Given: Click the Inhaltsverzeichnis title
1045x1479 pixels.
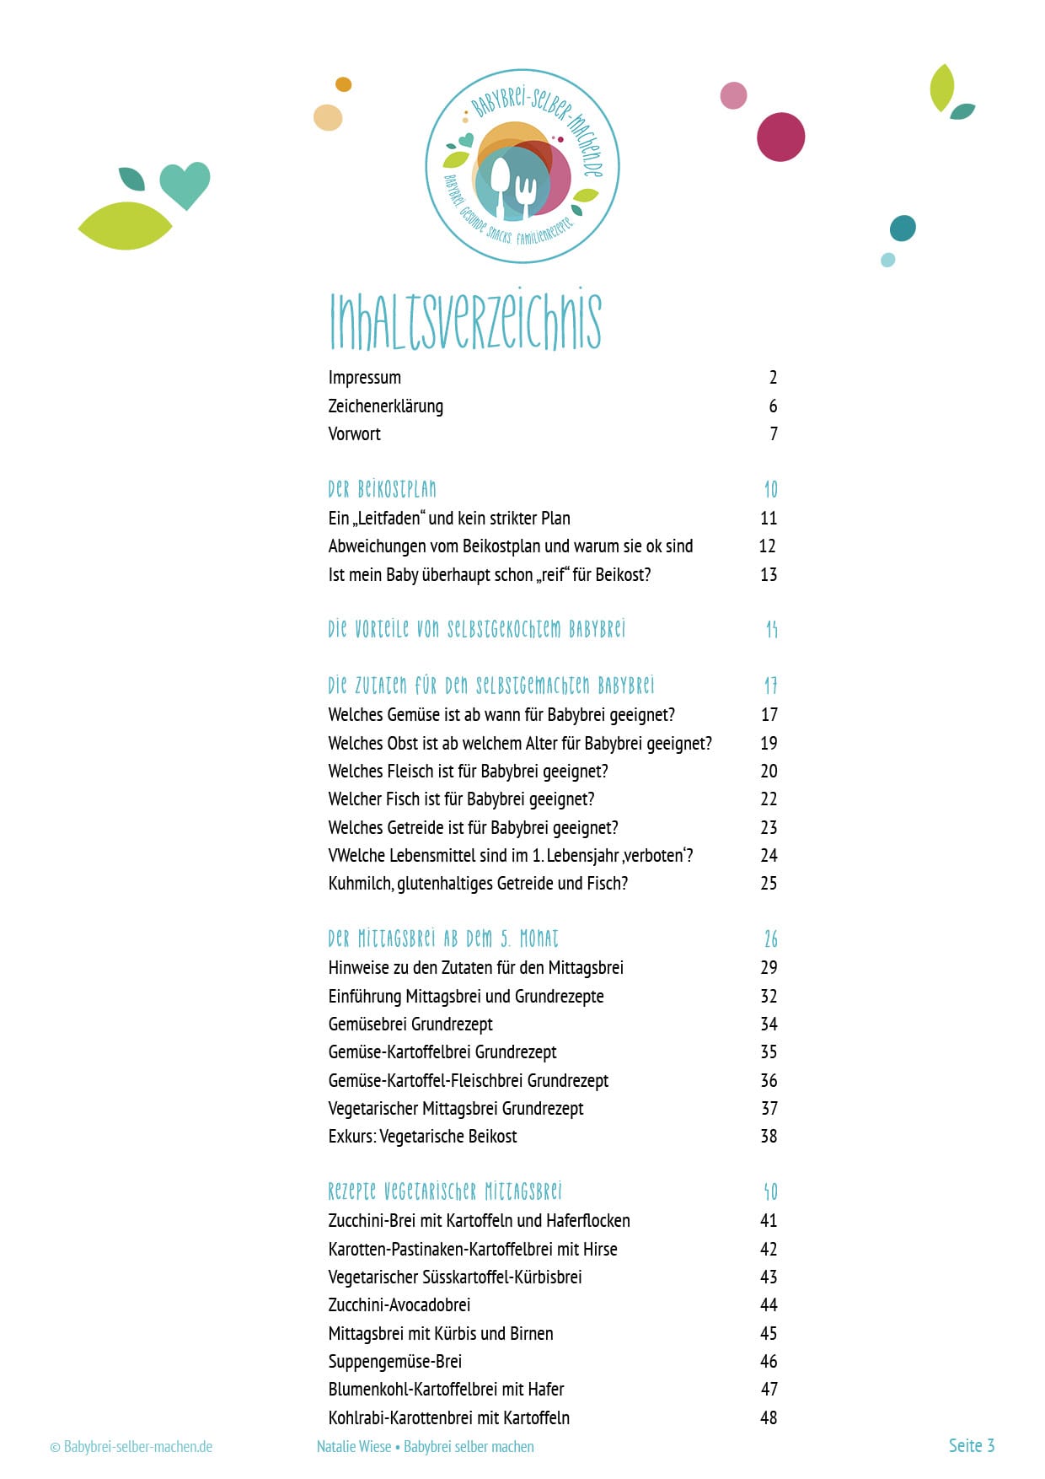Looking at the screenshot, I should tap(464, 320).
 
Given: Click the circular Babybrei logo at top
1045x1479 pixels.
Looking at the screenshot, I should tap(522, 166).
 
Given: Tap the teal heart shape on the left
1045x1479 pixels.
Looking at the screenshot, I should tap(185, 184).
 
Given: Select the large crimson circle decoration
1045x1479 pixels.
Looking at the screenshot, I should tap(780, 137).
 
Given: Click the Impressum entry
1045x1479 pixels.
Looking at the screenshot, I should tap(364, 378).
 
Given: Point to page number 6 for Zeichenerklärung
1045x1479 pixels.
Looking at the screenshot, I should tap(773, 406).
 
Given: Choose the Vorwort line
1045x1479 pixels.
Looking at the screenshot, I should tap(354, 434).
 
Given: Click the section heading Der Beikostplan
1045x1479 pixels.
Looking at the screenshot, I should tap(382, 489).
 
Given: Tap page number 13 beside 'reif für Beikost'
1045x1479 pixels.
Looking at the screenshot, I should tap(768, 575).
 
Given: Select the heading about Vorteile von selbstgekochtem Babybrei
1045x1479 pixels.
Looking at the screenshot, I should tap(476, 629).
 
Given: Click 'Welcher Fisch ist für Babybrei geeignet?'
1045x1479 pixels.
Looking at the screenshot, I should tap(461, 799).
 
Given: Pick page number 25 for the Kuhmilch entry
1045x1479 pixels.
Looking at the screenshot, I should tap(768, 884).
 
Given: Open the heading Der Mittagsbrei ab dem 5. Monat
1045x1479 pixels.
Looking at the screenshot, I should tap(442, 939).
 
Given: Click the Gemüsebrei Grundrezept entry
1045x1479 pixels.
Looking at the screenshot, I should tap(410, 1025).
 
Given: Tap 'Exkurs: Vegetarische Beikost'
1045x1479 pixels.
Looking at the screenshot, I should tap(422, 1137).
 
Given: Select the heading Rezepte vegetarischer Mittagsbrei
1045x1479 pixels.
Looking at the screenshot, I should tap(444, 1191).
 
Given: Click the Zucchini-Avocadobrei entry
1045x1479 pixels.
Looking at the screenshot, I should tap(399, 1305).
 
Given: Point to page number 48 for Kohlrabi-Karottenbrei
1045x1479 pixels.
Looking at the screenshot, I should tap(768, 1418).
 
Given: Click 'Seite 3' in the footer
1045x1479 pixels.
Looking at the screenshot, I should tap(971, 1445).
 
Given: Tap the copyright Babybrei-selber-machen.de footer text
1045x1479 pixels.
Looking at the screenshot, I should tap(131, 1447).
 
